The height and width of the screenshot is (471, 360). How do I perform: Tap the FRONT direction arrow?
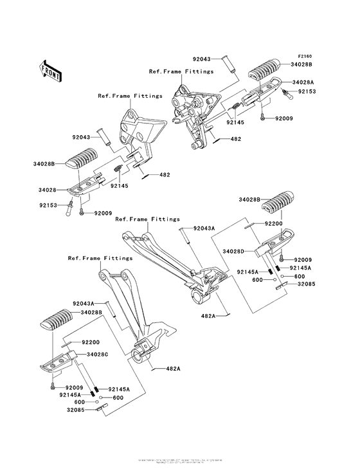[51, 69]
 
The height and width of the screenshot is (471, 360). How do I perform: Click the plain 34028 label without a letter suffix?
[48, 190]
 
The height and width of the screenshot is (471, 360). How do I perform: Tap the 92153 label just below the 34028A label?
[307, 93]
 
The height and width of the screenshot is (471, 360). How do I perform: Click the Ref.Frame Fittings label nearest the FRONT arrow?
[122, 95]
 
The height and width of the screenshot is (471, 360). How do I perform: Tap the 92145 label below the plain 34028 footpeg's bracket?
[120, 186]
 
